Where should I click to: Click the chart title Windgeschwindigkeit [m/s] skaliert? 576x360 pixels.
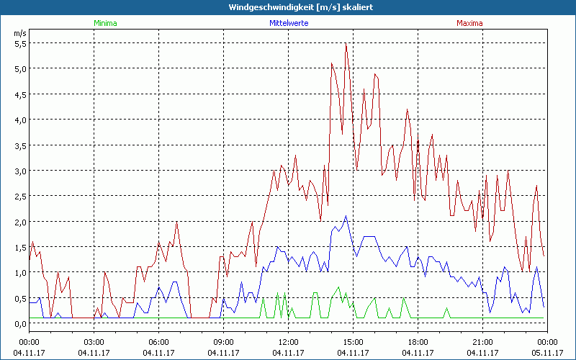coord(288,7)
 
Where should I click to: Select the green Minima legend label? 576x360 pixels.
coord(105,23)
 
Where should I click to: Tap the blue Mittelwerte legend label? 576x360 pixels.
coord(288,23)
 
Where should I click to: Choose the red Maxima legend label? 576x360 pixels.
coord(469,23)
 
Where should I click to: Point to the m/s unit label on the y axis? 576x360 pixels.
coord(19,33)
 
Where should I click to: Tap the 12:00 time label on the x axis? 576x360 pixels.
coord(288,342)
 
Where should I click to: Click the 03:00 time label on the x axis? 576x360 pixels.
coord(94,342)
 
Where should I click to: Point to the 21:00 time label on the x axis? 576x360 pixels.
coord(482,342)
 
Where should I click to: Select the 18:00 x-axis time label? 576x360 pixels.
coord(418,342)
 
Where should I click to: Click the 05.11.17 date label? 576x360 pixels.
coord(546,352)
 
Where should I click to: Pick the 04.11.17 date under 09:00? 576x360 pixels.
coord(223,352)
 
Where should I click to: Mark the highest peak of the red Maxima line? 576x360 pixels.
coord(346,43)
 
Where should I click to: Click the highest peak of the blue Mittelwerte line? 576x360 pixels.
coord(346,216)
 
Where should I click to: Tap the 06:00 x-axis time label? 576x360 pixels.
coord(159,342)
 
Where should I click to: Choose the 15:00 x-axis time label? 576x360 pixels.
coord(353,342)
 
